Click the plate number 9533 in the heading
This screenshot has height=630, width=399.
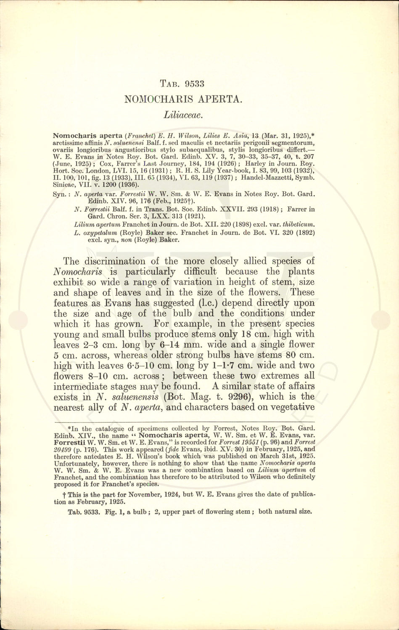pos(193,83)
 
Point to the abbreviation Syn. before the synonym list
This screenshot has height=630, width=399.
pos(62,194)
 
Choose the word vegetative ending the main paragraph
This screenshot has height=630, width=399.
pos(293,407)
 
